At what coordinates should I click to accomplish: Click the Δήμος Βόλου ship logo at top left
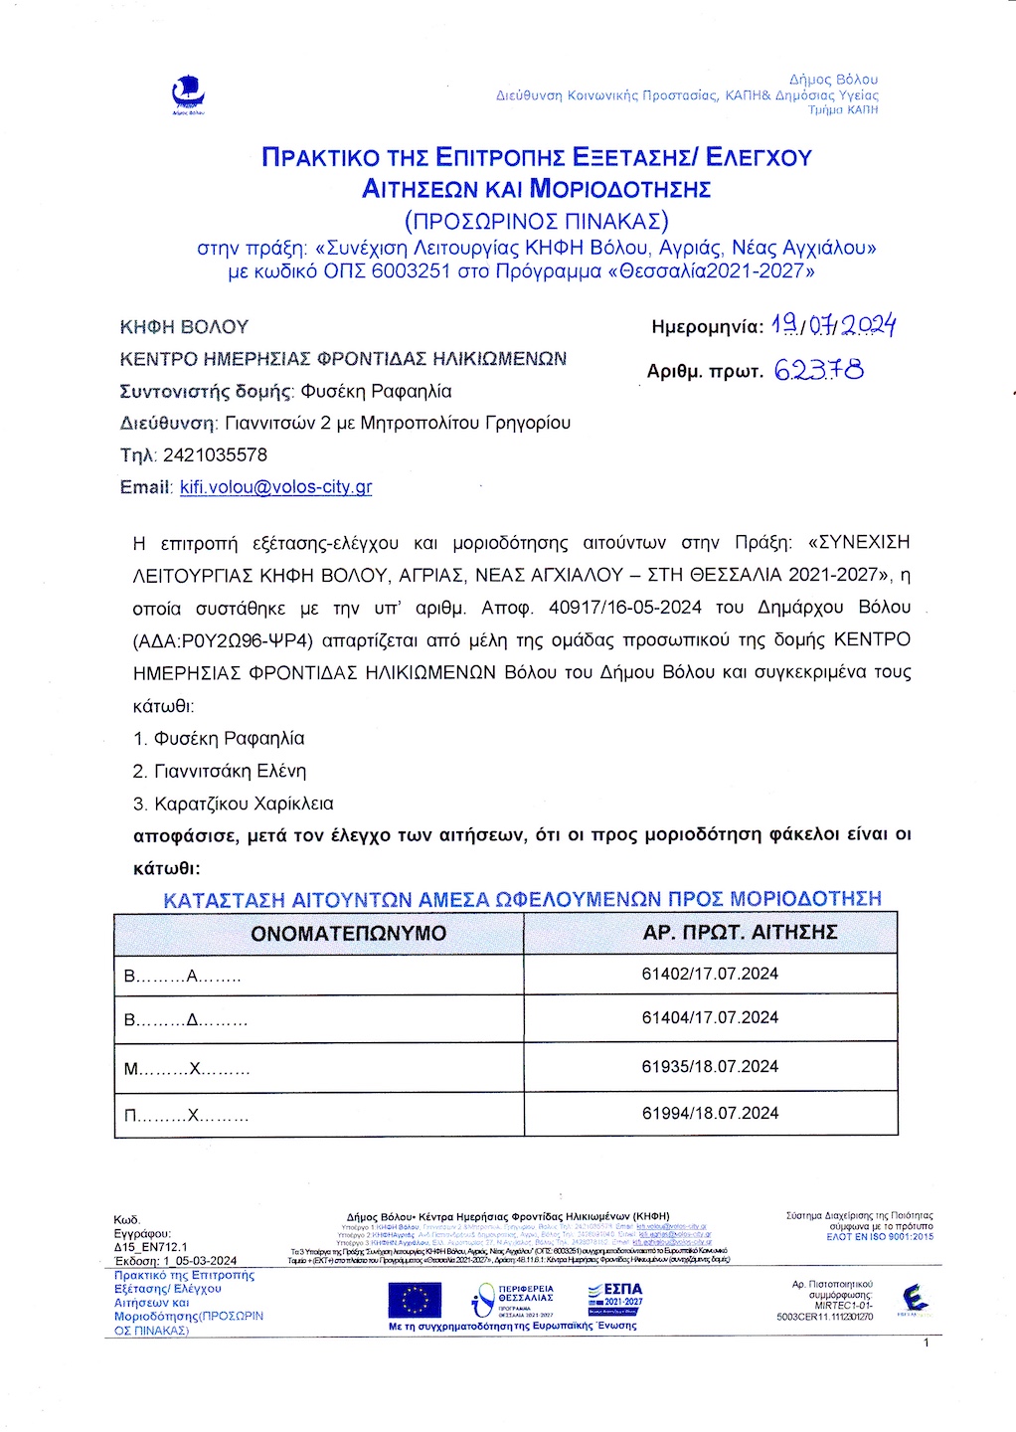(x=188, y=95)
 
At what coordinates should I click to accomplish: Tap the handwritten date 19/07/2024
(x=834, y=325)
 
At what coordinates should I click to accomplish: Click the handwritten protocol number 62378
(x=818, y=370)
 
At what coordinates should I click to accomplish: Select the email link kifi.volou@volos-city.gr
(x=275, y=487)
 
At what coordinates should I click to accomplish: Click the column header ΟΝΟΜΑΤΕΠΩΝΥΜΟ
(x=348, y=933)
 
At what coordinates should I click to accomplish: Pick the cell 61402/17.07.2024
(x=710, y=974)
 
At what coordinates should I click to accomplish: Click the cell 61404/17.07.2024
(x=710, y=1017)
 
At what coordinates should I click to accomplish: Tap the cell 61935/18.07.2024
(x=710, y=1066)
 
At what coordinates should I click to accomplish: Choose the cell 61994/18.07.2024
(x=710, y=1113)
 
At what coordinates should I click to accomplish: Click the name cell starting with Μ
(x=186, y=1070)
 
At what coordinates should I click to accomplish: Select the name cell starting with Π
(x=186, y=1116)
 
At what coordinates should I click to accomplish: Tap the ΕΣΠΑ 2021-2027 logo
(x=615, y=1299)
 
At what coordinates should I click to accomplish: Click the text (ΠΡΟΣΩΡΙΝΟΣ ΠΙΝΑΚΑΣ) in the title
(x=537, y=219)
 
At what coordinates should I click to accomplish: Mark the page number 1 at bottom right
(x=926, y=1342)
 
